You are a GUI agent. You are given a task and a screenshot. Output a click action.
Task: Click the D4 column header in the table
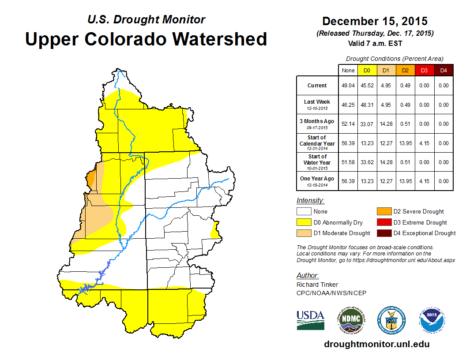443,70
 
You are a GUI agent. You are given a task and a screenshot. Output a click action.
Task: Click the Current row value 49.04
348,86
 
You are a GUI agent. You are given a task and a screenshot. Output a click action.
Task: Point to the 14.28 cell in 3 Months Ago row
387,124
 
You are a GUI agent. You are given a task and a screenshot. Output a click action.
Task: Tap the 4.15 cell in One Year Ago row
424,181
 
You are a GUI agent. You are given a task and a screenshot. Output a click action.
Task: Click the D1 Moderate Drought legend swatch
304,233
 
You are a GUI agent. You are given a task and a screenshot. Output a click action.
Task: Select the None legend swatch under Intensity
304,212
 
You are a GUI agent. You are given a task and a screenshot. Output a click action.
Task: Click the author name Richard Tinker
317,285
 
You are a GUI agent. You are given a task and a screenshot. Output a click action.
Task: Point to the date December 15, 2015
375,21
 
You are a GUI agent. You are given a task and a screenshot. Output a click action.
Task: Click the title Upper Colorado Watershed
146,39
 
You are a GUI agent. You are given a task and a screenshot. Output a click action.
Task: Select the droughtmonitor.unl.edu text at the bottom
376,344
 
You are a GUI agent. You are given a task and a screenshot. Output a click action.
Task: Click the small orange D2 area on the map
90,179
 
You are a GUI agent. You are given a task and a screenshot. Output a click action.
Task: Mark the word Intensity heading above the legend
310,201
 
